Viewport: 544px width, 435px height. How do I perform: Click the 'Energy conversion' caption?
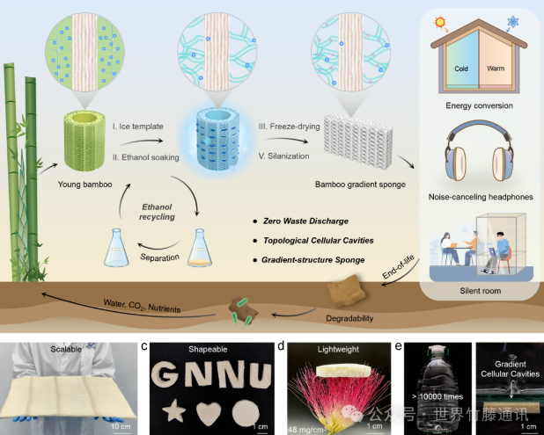pyautogui.click(x=479, y=105)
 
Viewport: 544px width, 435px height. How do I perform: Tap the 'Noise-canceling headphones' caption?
pyautogui.click(x=479, y=198)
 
